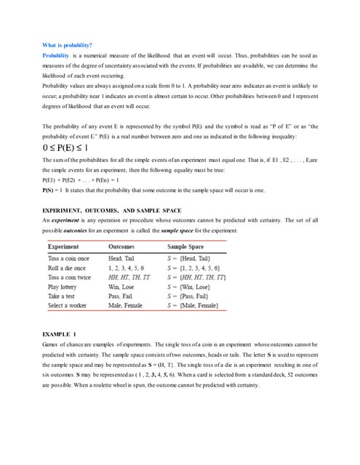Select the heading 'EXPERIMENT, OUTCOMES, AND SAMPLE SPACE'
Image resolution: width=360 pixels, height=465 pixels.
coord(111,210)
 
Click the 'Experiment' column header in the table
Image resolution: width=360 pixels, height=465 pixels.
coord(63,247)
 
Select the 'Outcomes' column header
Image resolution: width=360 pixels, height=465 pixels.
coord(122,247)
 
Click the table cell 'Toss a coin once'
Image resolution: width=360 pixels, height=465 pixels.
coord(68,258)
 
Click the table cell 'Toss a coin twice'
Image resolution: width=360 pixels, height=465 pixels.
coord(70,277)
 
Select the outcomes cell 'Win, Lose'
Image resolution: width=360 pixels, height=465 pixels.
coord(124,286)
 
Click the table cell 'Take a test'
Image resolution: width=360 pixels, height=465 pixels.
coord(63,296)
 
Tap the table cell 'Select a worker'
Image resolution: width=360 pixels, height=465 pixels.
coord(68,305)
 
